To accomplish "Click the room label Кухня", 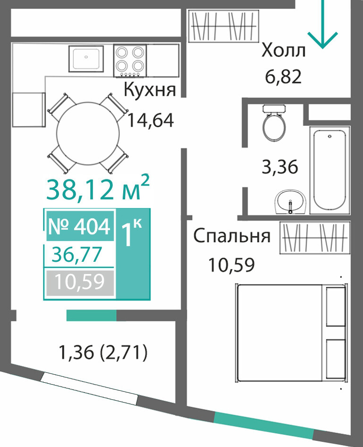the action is [x=150, y=91].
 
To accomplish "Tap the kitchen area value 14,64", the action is [x=150, y=120].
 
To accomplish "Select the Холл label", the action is [x=284, y=51].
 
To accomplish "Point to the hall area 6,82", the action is [x=283, y=77].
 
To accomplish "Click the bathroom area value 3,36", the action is [x=280, y=167].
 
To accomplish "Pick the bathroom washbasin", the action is [x=290, y=202].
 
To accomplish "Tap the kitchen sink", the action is [x=86, y=59].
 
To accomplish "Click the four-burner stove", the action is [x=130, y=60].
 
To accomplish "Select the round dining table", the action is [x=88, y=133].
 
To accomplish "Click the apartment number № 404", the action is [x=79, y=226].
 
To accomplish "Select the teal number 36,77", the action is [x=76, y=255].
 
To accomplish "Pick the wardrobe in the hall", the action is [x=223, y=26].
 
